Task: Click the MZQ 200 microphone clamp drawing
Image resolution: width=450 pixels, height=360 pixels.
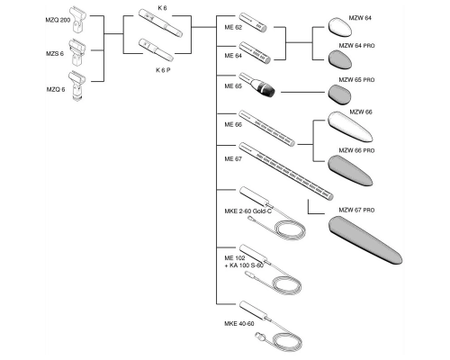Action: coord(77,20)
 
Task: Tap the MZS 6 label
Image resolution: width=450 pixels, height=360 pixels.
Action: coord(55,54)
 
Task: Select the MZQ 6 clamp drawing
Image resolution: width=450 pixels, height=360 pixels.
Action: coord(77,85)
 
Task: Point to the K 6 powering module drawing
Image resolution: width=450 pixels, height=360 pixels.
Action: coord(160,22)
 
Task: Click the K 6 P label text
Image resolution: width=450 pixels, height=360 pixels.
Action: coord(163,70)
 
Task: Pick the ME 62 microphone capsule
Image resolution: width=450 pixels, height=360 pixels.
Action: coord(253,22)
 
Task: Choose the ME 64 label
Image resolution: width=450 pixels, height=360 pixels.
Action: coord(233,56)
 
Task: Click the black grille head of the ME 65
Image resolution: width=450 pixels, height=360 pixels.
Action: coord(267,90)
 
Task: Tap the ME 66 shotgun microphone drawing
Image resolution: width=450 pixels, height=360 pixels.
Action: coord(266,129)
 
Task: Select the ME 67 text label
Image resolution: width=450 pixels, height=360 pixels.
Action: coord(233,158)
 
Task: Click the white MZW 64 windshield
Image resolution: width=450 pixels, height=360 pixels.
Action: coord(339,28)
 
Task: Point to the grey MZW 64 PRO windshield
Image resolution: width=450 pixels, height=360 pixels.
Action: coord(340,59)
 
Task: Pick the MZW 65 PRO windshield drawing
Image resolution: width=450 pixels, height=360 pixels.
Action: coord(339,94)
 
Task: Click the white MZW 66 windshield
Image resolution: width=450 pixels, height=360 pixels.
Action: coord(350,127)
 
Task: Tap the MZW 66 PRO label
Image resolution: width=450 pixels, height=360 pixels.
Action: coord(356,150)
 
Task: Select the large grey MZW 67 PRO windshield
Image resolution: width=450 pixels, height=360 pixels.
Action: coord(365,240)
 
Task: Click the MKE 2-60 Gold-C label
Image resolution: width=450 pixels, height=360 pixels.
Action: coord(248,211)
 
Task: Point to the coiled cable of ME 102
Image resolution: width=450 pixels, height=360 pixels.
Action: coord(286,287)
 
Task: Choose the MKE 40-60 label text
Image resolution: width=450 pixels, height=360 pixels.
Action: coord(239,324)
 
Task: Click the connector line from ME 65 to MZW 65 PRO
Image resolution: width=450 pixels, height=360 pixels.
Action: coord(302,92)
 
